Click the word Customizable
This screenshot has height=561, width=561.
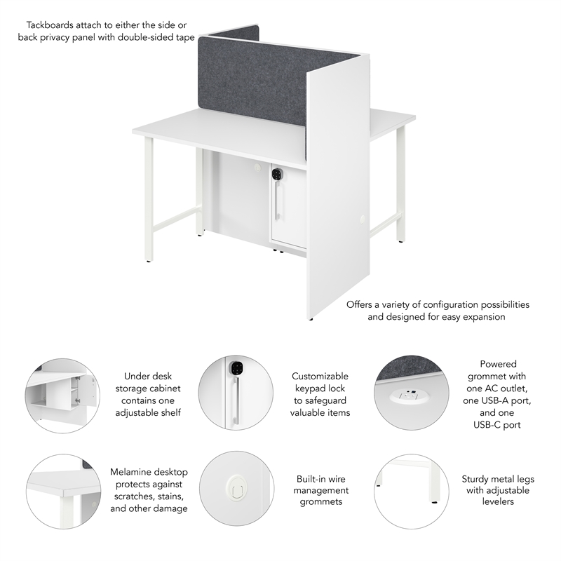pyautogui.click(x=320, y=377)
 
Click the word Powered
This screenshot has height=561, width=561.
pyautogui.click(x=498, y=364)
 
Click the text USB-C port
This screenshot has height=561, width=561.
pyautogui.click(x=498, y=424)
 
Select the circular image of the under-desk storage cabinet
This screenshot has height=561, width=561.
pyautogui.click(x=62, y=393)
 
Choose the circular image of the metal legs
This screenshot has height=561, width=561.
pyautogui.click(x=410, y=489)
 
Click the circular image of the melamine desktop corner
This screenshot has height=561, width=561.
pyautogui.click(x=62, y=489)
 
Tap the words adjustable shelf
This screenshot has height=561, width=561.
pyautogui.click(x=148, y=412)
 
